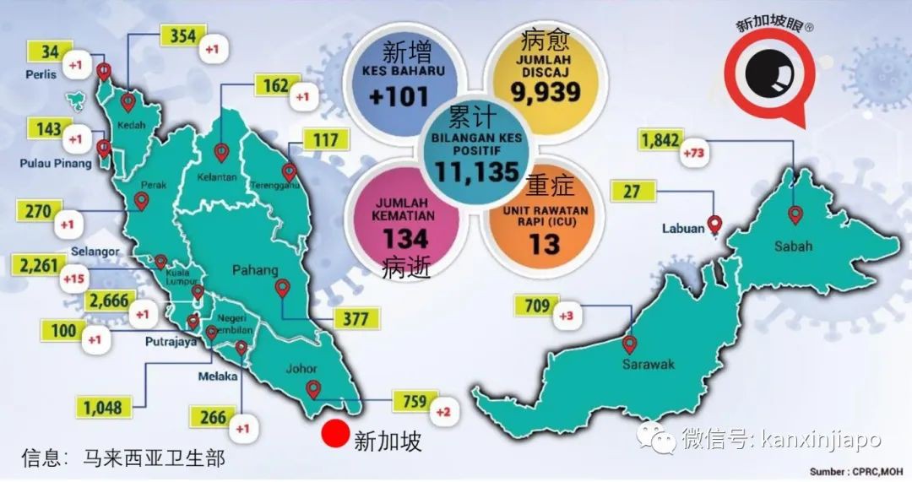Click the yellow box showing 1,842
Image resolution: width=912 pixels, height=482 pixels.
pos(661,141)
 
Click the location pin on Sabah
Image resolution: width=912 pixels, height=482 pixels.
pos(795,214)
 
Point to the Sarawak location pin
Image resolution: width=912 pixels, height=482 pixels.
pos(629,344)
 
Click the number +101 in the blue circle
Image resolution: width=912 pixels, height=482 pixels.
pos(399,96)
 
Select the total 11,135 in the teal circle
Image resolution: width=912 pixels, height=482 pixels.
pos(477,172)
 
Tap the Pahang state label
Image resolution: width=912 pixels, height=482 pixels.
pos(257,271)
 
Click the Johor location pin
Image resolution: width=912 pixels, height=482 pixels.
pos(313,389)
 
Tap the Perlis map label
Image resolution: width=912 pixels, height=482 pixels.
pos(40,74)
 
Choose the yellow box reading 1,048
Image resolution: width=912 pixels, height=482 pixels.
pos(103,409)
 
